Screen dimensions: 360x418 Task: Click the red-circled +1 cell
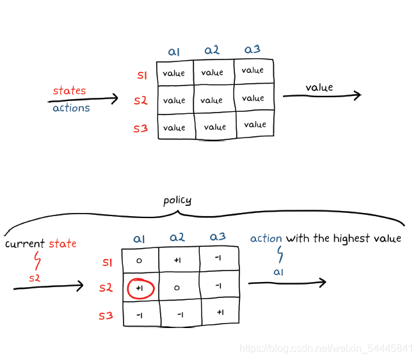tap(140, 288)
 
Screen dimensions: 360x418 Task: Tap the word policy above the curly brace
tap(177, 201)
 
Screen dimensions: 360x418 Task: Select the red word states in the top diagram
tap(69, 91)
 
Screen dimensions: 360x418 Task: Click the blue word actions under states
tap(71, 108)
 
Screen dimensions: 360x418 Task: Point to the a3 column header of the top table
tap(252, 49)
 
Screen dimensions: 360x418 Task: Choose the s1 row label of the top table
tap(142, 75)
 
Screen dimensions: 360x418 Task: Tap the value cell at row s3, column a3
tap(255, 125)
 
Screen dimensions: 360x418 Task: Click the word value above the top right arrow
tap(319, 87)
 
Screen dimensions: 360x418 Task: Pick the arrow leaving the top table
tap(322, 96)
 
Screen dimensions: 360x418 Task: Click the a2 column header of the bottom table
tap(177, 238)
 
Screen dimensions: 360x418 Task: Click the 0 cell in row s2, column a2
tap(177, 288)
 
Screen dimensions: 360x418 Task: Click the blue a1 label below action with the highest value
tap(278, 272)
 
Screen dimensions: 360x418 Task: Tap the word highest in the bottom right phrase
tap(350, 239)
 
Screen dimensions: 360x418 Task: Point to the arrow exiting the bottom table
tap(287, 283)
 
